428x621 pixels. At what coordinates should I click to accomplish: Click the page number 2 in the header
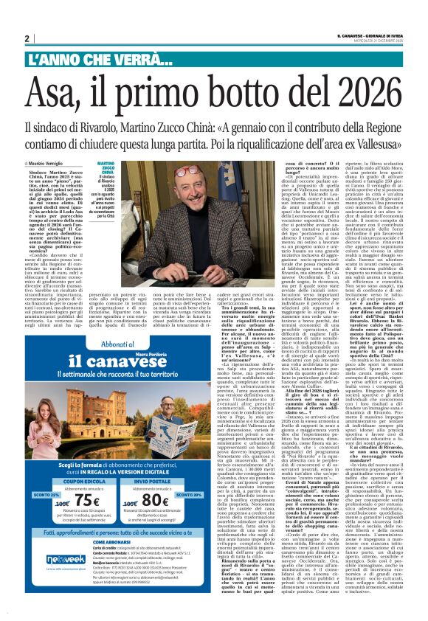[27, 38]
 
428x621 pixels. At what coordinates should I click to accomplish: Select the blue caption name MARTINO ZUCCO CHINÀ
[106, 173]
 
